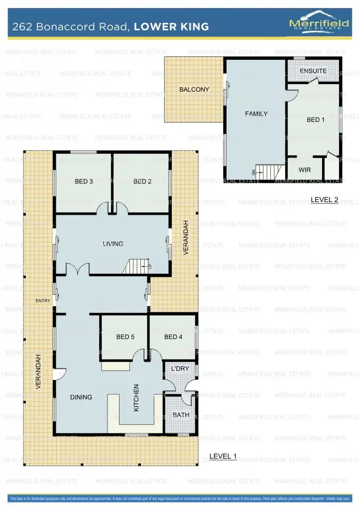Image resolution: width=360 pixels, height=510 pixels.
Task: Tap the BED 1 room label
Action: tap(315, 120)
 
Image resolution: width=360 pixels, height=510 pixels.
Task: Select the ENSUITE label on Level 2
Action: tap(313, 71)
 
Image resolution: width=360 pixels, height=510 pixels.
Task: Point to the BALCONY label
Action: tap(194, 90)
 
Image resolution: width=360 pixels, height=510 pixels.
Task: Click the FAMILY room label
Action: tap(256, 114)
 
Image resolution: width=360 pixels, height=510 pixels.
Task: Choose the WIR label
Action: tap(305, 170)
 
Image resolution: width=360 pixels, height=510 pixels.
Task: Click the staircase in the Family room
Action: tap(266, 172)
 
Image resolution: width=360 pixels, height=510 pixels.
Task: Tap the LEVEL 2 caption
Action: tap(324, 200)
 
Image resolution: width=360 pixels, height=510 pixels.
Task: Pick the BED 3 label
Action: tap(84, 181)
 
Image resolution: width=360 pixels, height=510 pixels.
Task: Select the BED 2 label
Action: tap(142, 181)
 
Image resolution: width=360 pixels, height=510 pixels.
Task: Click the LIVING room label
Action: tap(113, 244)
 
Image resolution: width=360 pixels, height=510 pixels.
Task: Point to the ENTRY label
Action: tap(43, 301)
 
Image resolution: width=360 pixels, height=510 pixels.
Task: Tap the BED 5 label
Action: tap(125, 337)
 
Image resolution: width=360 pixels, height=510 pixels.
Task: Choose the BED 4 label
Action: tap(173, 337)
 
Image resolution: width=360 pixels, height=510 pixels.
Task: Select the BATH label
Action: tap(180, 415)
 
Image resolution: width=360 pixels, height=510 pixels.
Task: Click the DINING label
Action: tap(81, 397)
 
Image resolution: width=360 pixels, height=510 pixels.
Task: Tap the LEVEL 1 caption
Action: tap(223, 456)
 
